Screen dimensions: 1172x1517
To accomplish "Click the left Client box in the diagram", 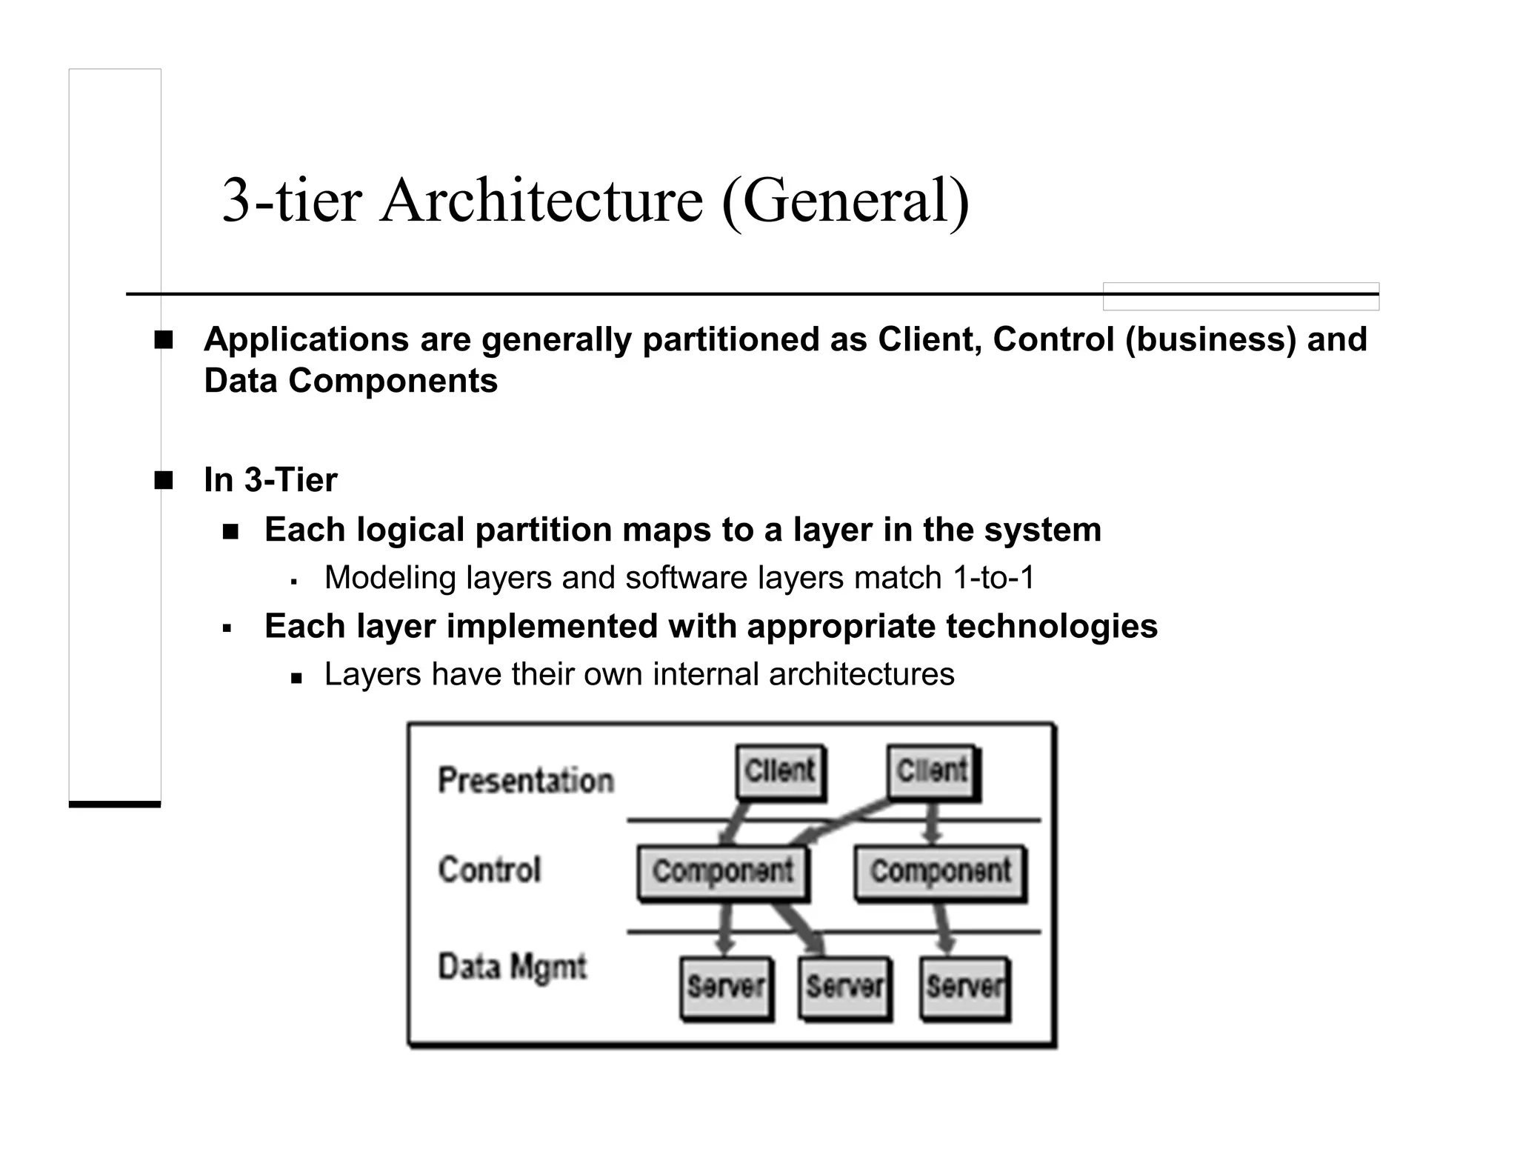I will tap(780, 772).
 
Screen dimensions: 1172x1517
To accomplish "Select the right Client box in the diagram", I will tap(932, 772).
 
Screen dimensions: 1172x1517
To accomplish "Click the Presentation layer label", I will tap(526, 781).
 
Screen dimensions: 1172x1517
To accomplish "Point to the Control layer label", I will tap(490, 870).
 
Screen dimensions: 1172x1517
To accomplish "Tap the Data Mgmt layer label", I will tap(512, 968).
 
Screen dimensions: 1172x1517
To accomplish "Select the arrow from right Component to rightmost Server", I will tap(943, 930).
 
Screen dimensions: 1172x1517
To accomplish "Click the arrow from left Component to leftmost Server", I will tap(725, 930).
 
